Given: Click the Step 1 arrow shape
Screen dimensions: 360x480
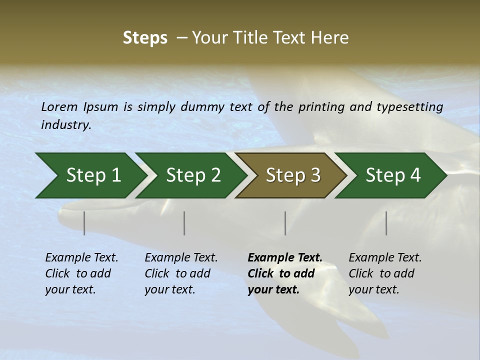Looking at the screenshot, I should (90, 175).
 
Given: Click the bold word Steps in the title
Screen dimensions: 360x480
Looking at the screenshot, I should (145, 38).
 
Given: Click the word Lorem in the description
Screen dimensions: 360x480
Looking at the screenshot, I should (59, 106).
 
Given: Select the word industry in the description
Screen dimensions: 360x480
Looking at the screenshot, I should (65, 125).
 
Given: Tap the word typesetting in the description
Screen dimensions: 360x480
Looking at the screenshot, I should (409, 107).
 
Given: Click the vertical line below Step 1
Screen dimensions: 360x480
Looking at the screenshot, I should (84, 223).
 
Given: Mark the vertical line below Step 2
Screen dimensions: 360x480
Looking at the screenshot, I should (184, 223).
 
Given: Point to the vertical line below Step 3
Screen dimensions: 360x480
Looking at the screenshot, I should (285, 223).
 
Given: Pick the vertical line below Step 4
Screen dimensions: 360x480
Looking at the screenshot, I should (386, 223).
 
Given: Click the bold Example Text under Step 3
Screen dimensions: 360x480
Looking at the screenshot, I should (285, 258).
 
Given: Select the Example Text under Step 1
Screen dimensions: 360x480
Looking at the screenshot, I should (81, 258).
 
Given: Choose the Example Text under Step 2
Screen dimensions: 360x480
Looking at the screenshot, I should (181, 258).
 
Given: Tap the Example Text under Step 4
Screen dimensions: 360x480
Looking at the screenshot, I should (385, 258).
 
